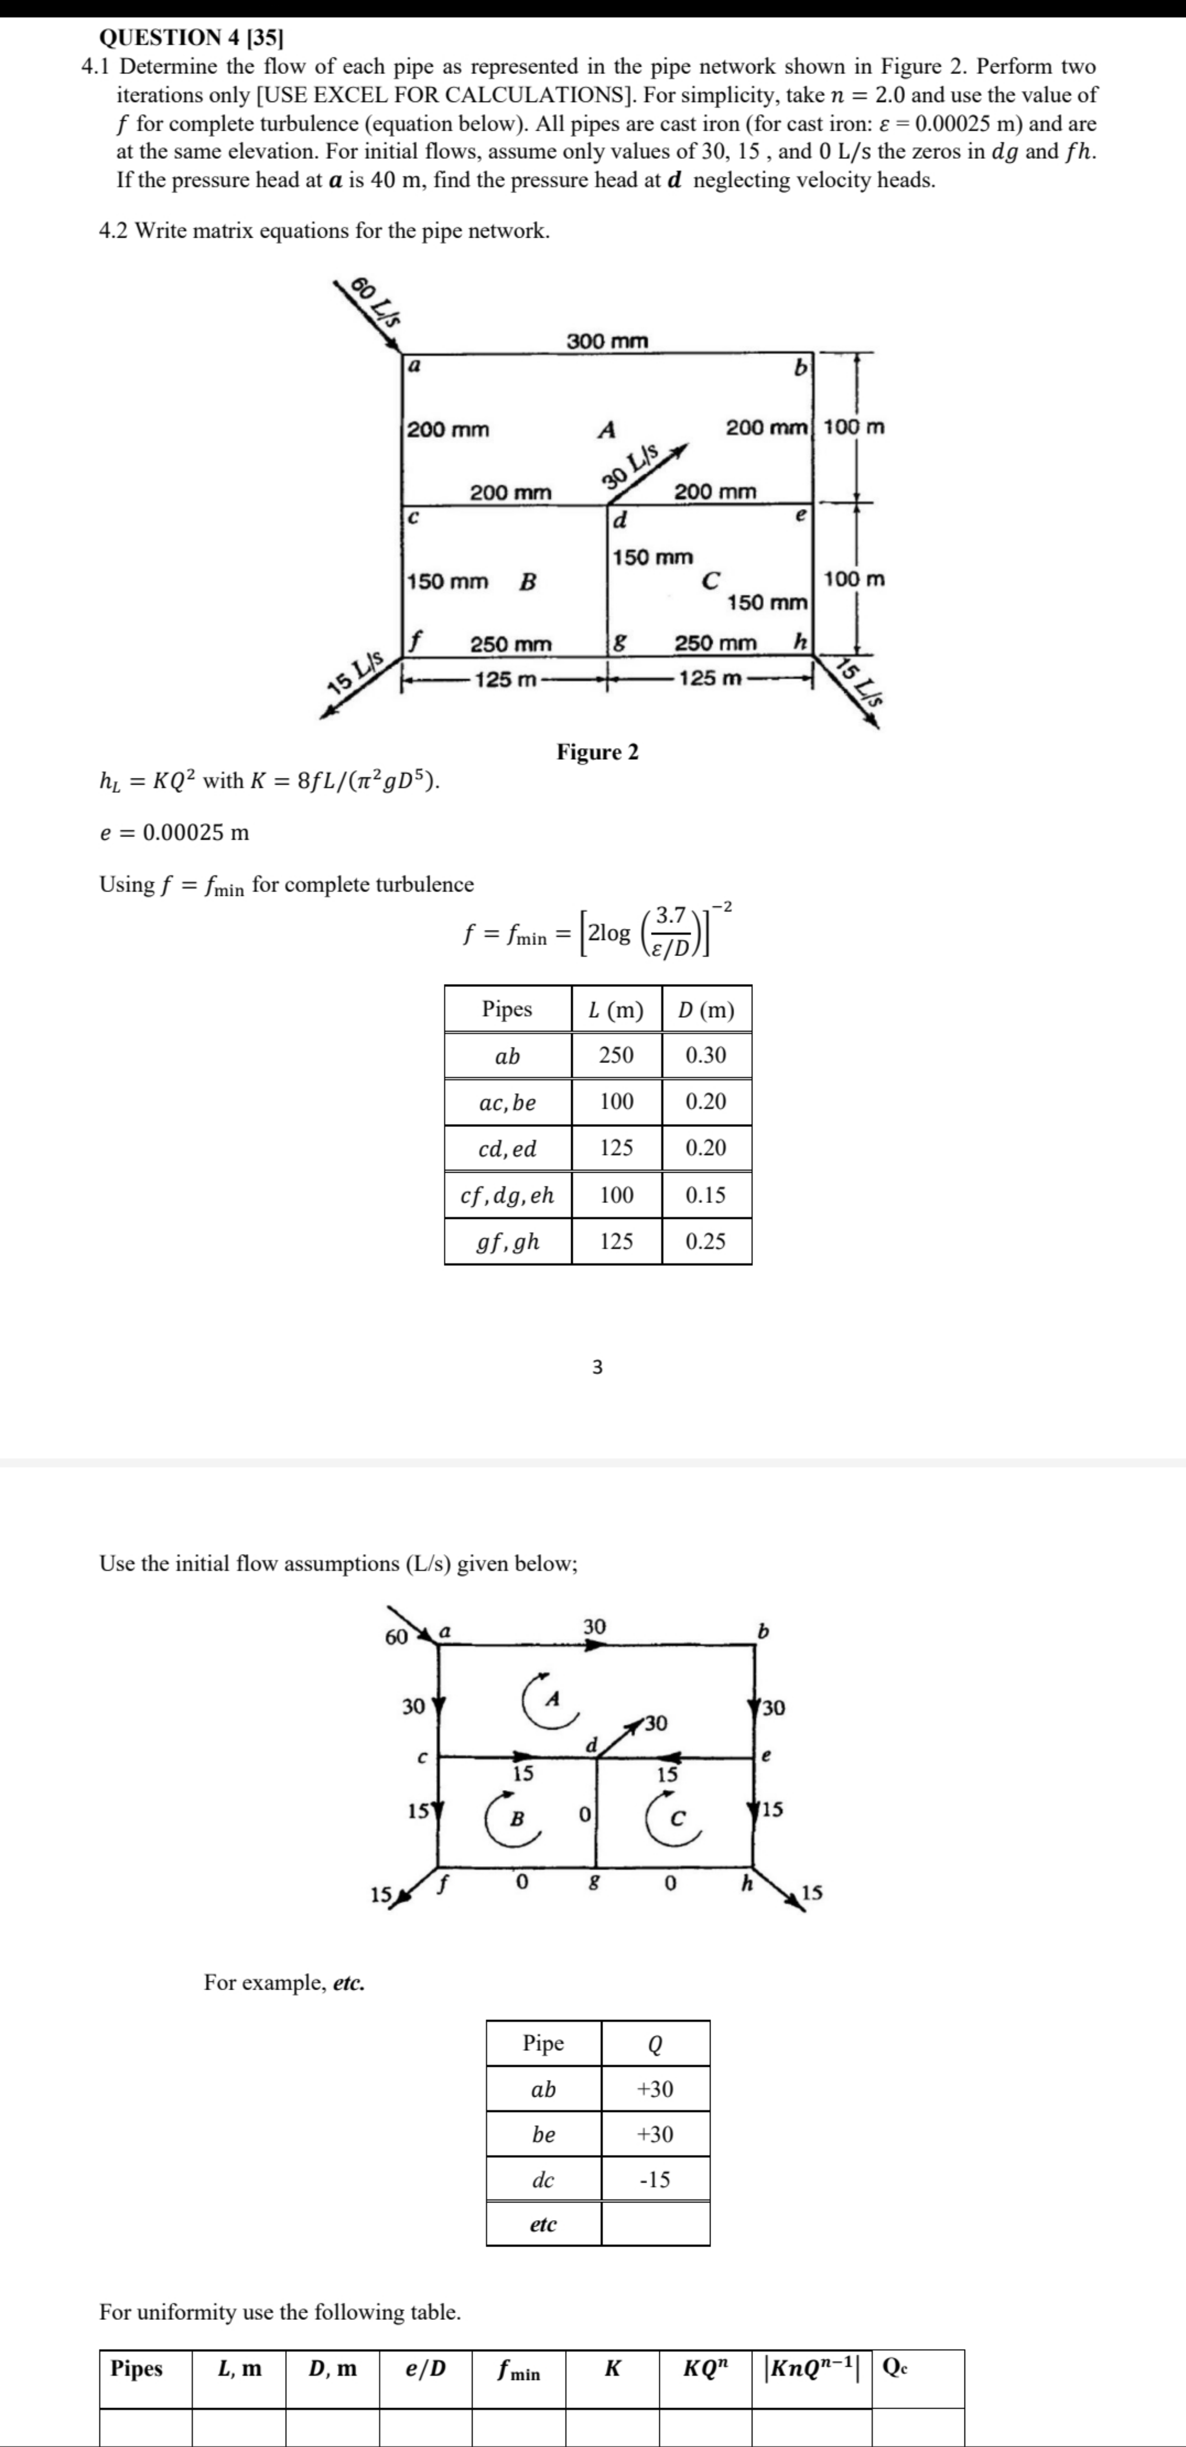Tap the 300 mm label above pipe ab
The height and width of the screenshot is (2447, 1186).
[x=608, y=340]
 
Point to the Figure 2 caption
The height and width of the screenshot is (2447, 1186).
[x=597, y=752]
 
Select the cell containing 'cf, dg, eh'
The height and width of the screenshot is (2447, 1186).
[x=507, y=1195]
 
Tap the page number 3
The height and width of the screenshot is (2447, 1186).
[x=597, y=1367]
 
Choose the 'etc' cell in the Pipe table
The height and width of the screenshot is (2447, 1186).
[x=543, y=2224]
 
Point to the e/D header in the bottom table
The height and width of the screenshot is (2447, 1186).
[x=426, y=2369]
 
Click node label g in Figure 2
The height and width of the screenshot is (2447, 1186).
[x=620, y=643]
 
